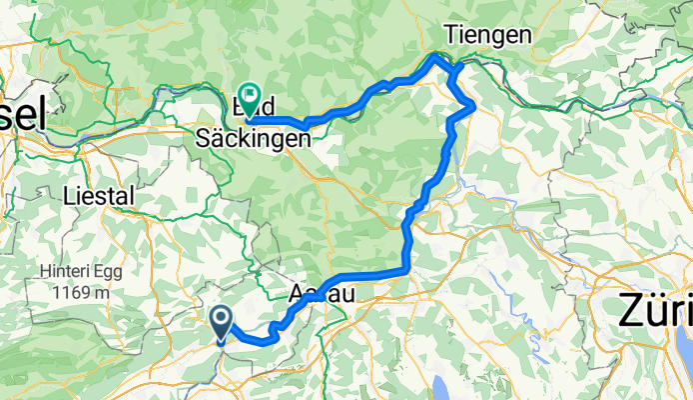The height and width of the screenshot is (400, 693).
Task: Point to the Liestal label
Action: pos(98,197)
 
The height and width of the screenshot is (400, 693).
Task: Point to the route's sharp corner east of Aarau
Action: pos(405,268)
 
